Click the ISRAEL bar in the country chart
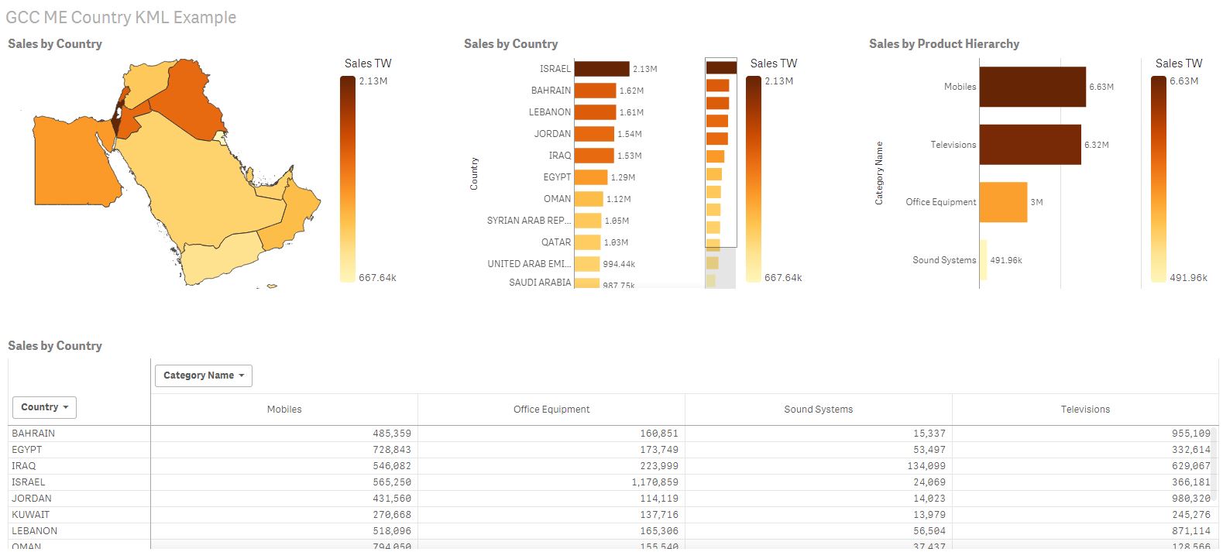click(x=602, y=69)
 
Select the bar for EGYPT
click(x=591, y=177)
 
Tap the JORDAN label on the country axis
click(x=552, y=134)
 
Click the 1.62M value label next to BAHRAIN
click(x=631, y=91)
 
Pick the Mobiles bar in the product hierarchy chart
click(x=1032, y=87)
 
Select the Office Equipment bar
click(x=1003, y=202)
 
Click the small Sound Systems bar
click(x=983, y=260)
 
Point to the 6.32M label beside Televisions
click(x=1096, y=145)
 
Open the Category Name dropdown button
click(x=204, y=375)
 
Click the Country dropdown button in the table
click(x=44, y=407)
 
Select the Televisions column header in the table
click(x=1084, y=410)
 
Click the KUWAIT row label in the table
click(x=31, y=515)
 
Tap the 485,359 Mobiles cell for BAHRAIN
click(x=391, y=434)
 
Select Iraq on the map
click(x=190, y=97)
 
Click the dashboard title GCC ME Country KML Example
click(x=121, y=17)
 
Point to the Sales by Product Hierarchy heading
click(x=943, y=44)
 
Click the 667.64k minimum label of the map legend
click(x=377, y=277)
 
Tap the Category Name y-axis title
click(x=879, y=173)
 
